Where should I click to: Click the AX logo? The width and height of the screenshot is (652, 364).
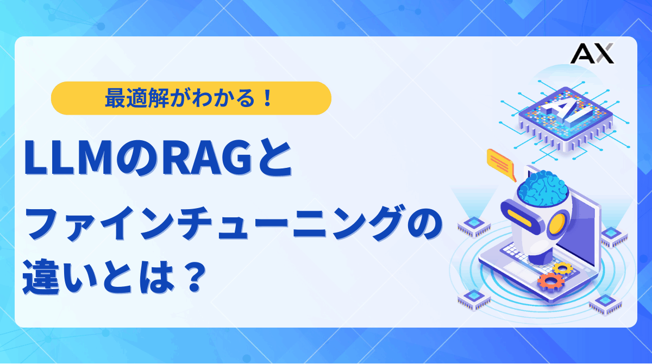click(x=593, y=54)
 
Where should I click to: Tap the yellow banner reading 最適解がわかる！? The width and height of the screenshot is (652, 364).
click(x=191, y=98)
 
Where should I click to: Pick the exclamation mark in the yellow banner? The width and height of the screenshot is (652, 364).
click(x=266, y=98)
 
